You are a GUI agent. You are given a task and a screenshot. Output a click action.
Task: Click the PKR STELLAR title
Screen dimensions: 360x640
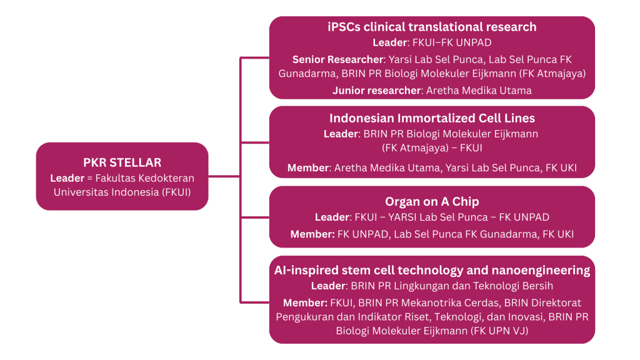(122, 162)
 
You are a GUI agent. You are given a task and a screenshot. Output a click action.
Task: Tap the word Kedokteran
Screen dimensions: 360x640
(166, 178)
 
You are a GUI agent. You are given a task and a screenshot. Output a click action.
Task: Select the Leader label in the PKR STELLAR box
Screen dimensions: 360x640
(67, 178)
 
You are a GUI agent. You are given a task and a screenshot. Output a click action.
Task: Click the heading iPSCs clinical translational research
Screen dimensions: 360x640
(432, 27)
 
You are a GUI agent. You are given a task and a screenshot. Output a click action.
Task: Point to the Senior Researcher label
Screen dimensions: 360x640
(337, 59)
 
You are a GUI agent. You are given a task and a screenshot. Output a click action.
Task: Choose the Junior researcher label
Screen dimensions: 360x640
(377, 91)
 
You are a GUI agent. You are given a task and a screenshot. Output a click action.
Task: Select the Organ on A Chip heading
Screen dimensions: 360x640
(432, 202)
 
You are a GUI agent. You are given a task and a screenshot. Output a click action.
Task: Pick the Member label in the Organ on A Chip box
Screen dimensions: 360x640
(312, 234)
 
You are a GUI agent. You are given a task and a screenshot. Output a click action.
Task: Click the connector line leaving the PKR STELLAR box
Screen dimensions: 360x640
(224, 176)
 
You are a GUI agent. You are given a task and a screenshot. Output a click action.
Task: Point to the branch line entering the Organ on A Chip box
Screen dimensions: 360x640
(255, 217)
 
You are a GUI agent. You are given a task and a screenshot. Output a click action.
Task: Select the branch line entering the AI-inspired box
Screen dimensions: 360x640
(255, 299)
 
